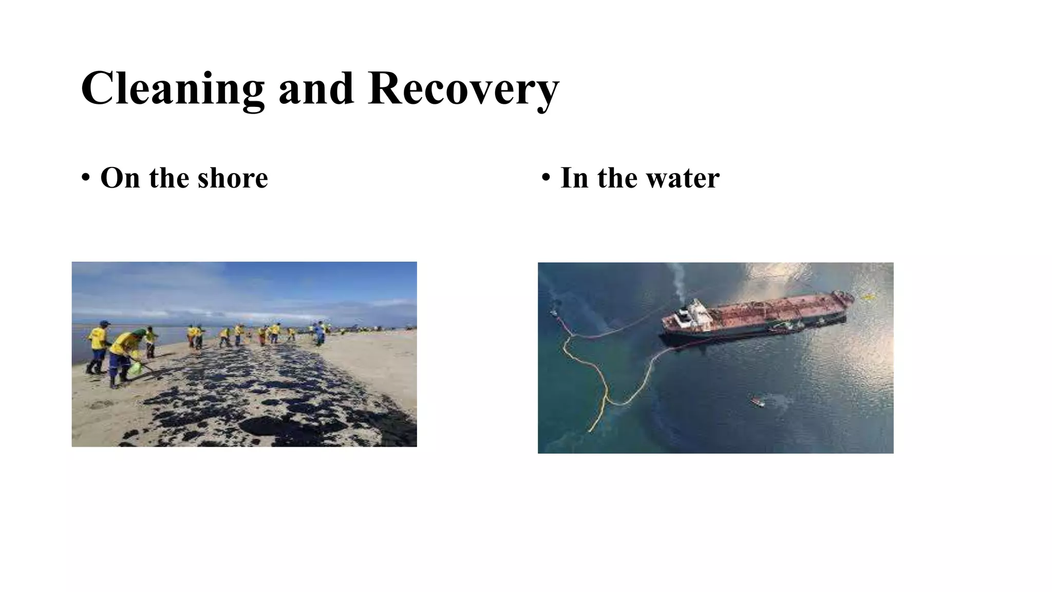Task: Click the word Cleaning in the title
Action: click(x=172, y=88)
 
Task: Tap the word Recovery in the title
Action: click(x=463, y=88)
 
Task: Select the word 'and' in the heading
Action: click(x=316, y=88)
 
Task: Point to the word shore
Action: click(x=232, y=178)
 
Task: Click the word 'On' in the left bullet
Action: click(x=120, y=178)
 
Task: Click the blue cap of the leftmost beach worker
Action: click(x=104, y=323)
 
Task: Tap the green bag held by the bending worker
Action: click(x=135, y=368)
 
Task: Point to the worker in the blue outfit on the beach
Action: click(x=320, y=333)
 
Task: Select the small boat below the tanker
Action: click(x=757, y=401)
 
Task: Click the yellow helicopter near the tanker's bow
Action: click(x=868, y=297)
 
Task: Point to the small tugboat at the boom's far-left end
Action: click(x=553, y=312)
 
